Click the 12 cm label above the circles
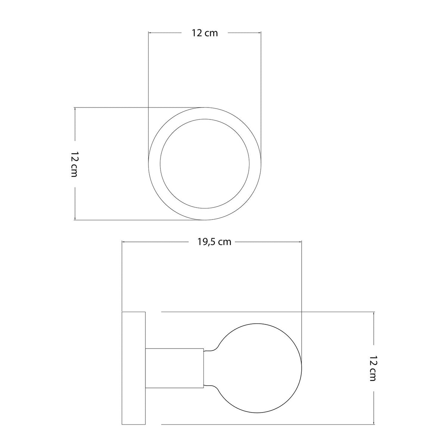[x=205, y=33]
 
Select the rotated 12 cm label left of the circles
[x=74, y=164]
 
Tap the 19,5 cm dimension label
[x=214, y=242]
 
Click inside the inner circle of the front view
[x=205, y=164]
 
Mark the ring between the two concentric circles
[x=154, y=164]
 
